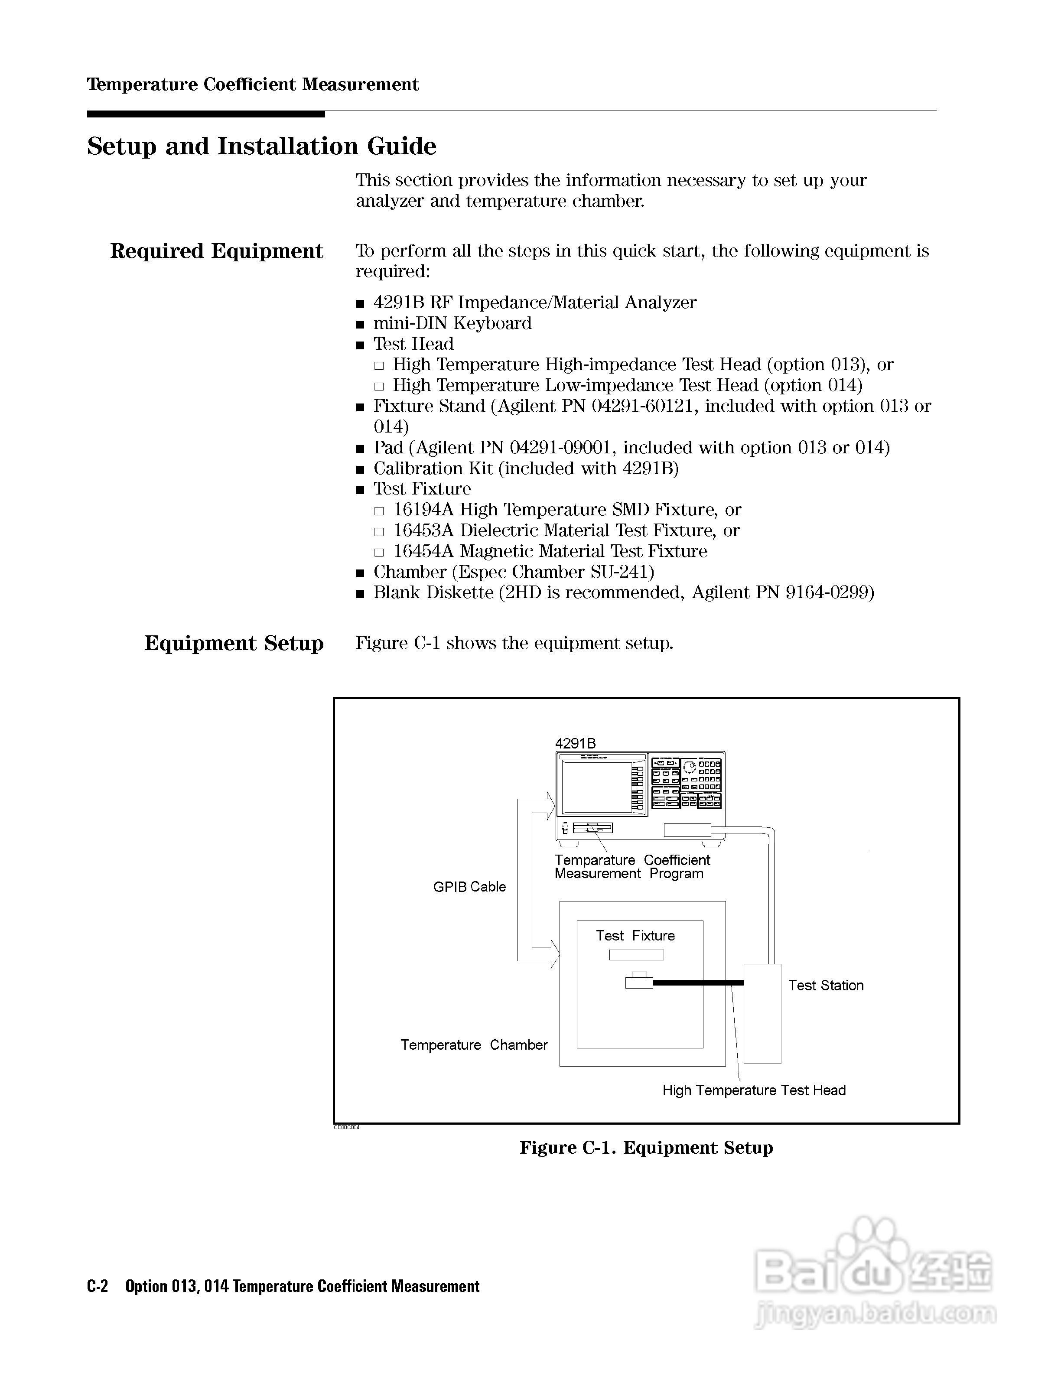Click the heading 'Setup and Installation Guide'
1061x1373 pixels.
coord(261,146)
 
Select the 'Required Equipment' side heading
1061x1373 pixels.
coord(216,251)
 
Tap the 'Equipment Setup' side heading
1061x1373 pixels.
coord(234,643)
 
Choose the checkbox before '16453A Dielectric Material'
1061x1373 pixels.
coord(378,532)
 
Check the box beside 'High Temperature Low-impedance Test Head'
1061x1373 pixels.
coord(378,387)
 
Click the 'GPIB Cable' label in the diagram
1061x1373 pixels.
coord(469,887)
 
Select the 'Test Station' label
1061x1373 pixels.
coord(825,986)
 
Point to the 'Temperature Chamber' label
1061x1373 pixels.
coord(474,1045)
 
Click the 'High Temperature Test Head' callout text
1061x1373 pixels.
coord(754,1090)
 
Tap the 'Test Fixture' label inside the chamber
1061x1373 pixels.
coord(635,935)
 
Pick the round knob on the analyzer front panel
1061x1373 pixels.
coord(690,767)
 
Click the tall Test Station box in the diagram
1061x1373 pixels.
coord(762,1013)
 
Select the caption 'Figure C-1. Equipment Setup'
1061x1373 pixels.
coord(645,1148)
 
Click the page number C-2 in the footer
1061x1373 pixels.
coord(98,1286)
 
